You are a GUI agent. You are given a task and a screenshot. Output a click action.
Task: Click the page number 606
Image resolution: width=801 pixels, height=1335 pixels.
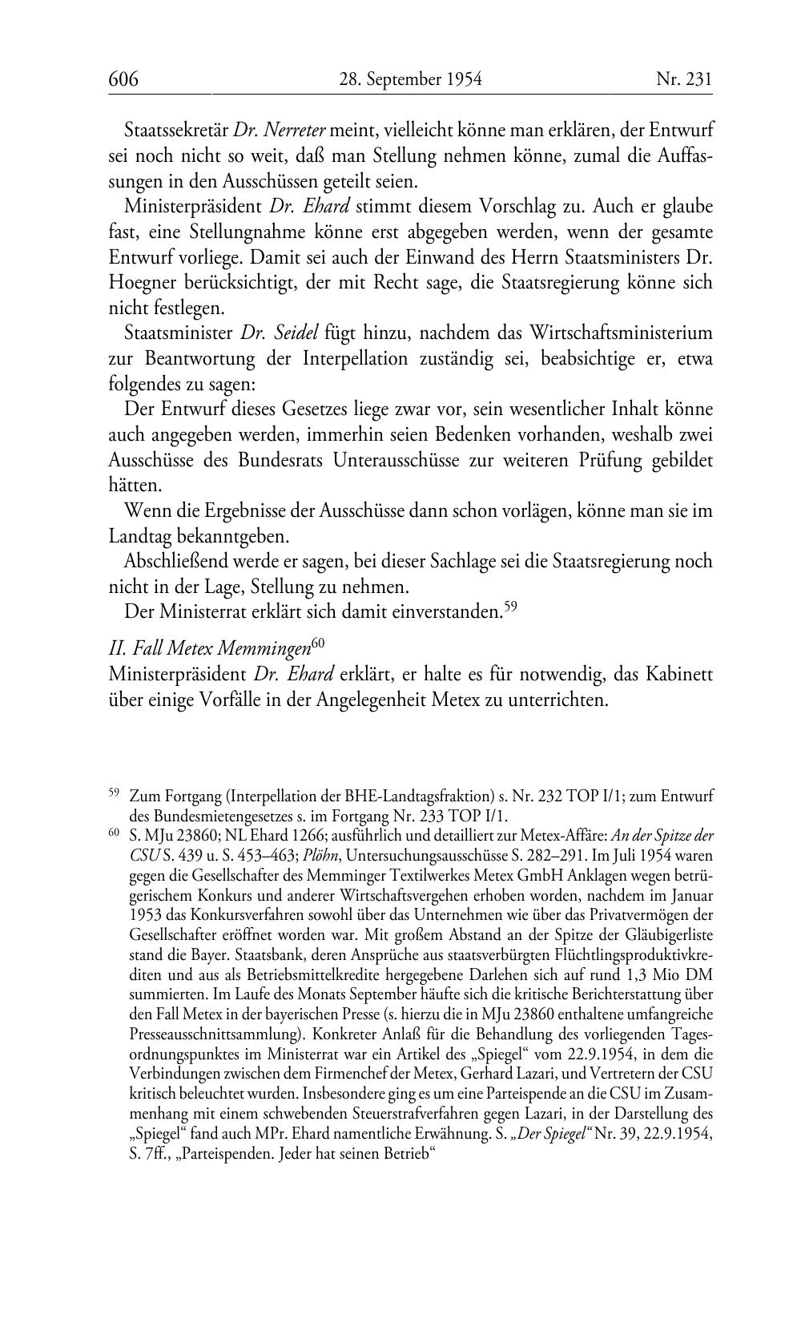click(124, 79)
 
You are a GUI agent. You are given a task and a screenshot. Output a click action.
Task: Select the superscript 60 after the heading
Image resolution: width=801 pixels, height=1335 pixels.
click(316, 643)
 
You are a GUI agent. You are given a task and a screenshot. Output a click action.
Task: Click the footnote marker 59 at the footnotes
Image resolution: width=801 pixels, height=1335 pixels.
click(114, 793)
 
